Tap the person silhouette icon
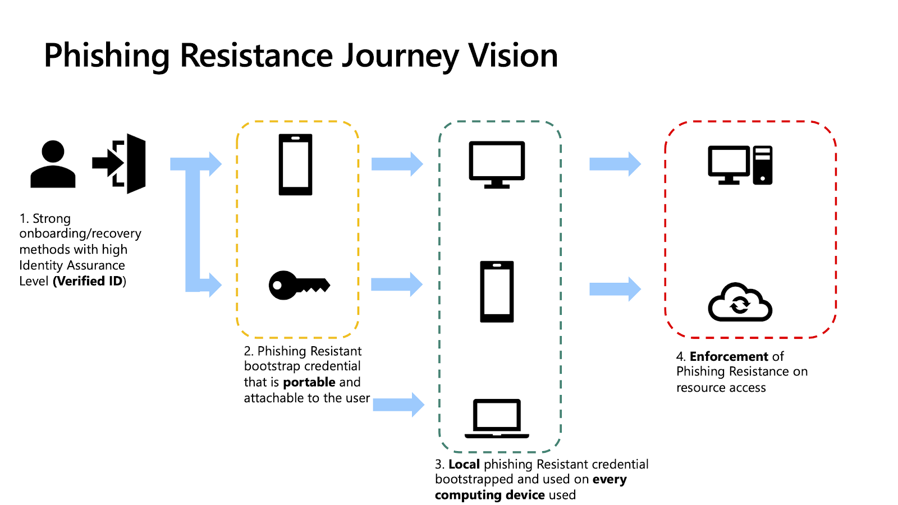point(53,164)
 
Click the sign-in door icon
point(119,163)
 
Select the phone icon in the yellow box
point(295,165)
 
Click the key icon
point(299,286)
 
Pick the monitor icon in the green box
point(497,165)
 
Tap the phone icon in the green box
point(497,292)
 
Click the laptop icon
point(497,419)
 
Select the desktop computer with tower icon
point(740,165)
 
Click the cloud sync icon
point(740,302)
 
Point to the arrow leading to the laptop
point(398,405)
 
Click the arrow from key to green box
point(397,284)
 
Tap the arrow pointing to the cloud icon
point(615,289)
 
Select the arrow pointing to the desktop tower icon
point(615,164)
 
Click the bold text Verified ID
point(89,281)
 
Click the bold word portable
point(309,382)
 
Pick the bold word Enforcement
point(729,356)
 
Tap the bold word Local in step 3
point(464,464)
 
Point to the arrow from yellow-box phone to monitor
point(397,164)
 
